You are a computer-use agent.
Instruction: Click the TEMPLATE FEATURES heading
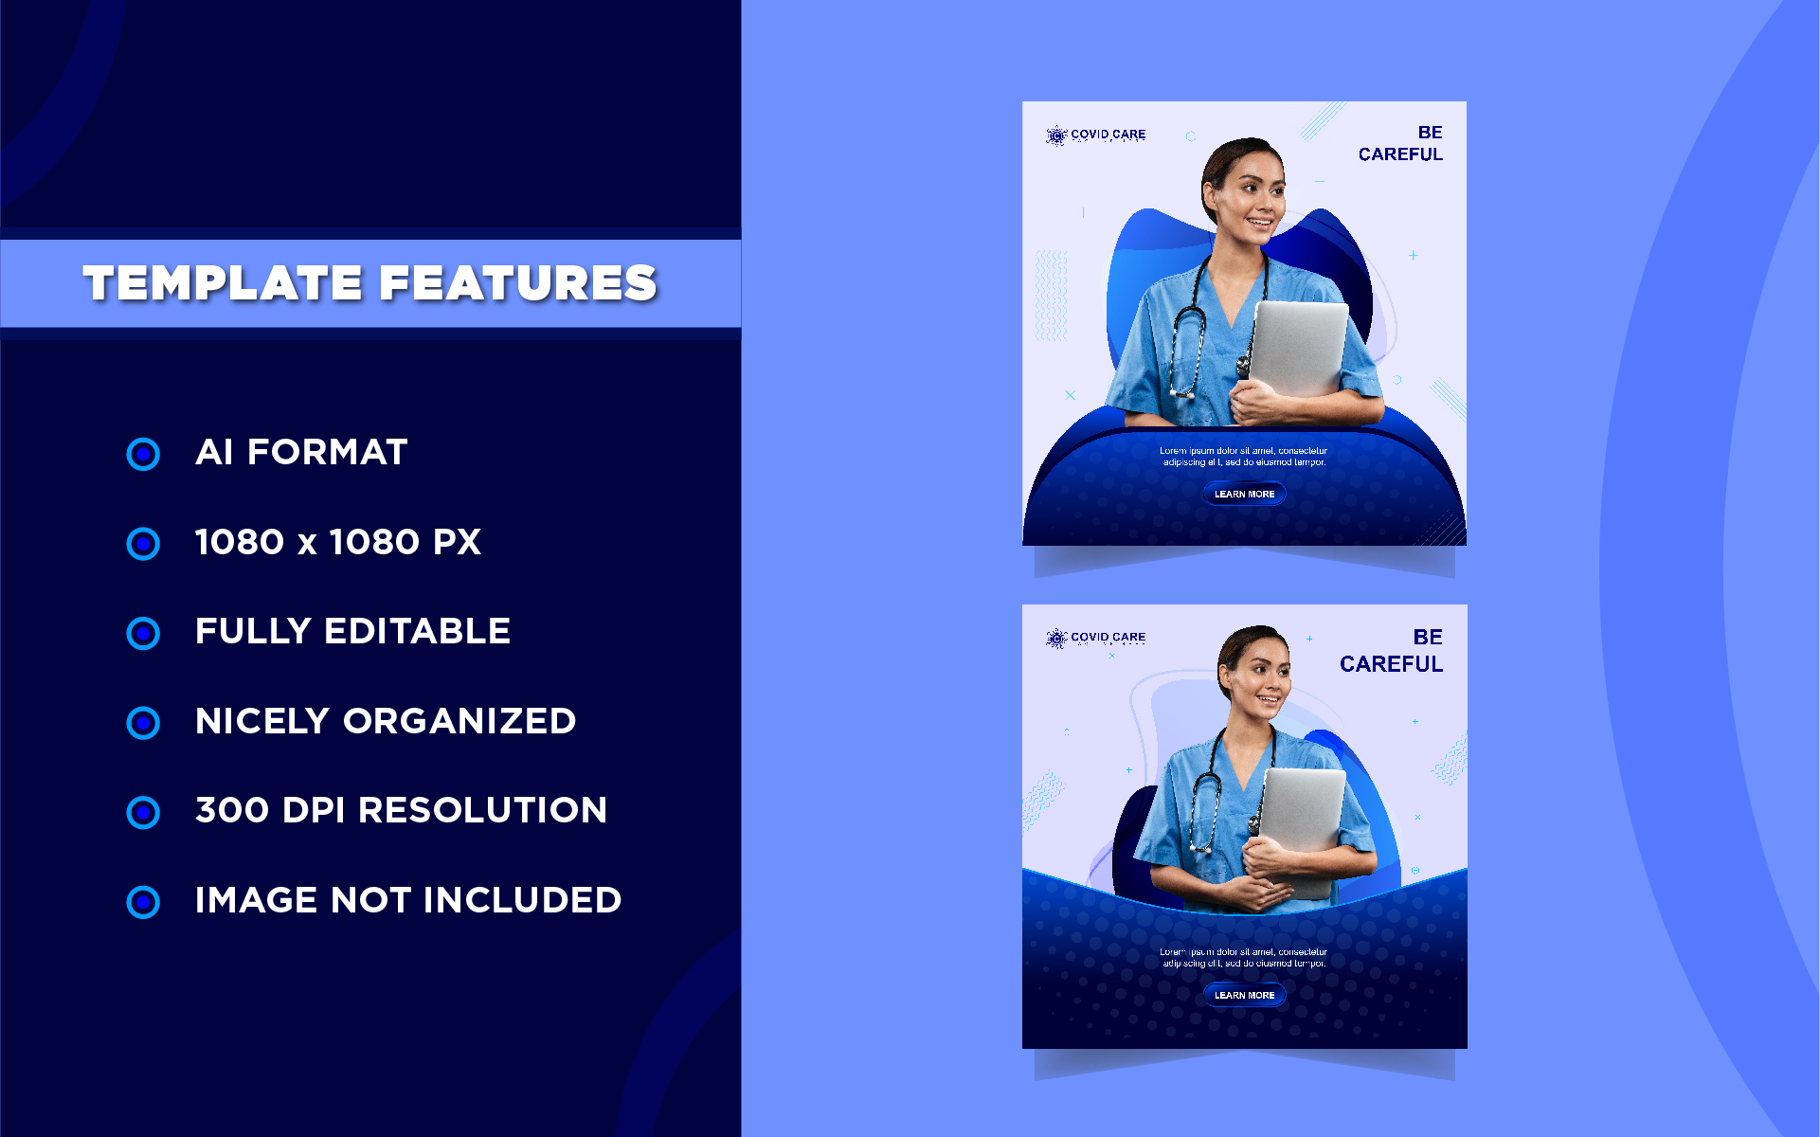tap(369, 282)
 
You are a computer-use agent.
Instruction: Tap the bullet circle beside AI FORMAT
tap(143, 454)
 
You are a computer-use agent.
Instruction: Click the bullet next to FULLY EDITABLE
tap(143, 633)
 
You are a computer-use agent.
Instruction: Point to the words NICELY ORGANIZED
tap(385, 721)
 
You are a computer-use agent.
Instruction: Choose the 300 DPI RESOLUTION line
tap(401, 810)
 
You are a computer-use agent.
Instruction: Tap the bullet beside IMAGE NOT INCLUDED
tap(143, 902)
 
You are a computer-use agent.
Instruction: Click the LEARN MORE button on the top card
tap(1244, 494)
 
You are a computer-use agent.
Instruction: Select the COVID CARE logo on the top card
tap(1096, 135)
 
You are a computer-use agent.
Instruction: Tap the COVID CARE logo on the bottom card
tap(1096, 638)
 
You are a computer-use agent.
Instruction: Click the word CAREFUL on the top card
tap(1400, 154)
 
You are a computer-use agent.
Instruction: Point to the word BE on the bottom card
tap(1428, 637)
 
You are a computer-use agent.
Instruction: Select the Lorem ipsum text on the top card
tap(1244, 457)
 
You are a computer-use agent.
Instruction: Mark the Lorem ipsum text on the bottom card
tap(1244, 958)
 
